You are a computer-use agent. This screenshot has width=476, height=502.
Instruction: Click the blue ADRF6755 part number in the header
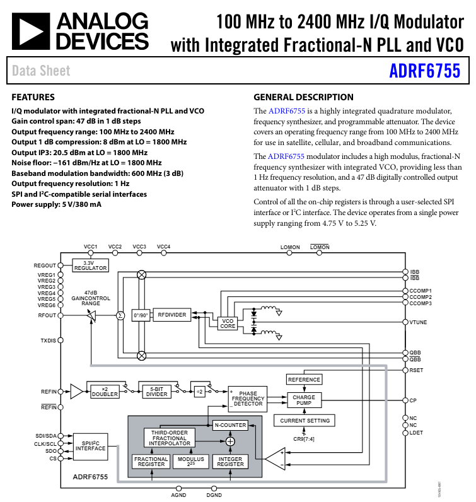click(x=424, y=71)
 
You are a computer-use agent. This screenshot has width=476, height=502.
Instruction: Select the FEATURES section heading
click(x=33, y=98)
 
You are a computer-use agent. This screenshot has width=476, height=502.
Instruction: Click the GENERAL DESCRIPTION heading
click(x=303, y=98)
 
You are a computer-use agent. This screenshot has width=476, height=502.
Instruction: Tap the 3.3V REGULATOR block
click(x=91, y=265)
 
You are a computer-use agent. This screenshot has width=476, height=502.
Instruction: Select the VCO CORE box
click(x=228, y=324)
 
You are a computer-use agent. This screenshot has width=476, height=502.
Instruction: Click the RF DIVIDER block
click(x=171, y=315)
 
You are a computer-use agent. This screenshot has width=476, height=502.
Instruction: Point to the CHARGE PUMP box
click(x=305, y=400)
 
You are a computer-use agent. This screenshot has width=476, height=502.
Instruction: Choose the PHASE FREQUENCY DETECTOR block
click(x=248, y=399)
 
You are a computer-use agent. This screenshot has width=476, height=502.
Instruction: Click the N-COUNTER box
click(x=229, y=425)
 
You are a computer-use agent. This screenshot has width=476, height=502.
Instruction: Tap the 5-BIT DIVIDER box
click(x=156, y=392)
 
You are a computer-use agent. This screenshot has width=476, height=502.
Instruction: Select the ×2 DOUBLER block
click(x=105, y=392)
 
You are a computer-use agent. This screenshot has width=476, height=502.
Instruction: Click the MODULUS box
click(x=191, y=462)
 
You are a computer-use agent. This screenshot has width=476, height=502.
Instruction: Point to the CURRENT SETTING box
click(x=305, y=420)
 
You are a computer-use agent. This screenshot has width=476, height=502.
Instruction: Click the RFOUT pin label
click(x=47, y=315)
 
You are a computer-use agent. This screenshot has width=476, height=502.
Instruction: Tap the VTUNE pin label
click(x=418, y=322)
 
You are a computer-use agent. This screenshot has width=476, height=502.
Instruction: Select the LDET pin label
click(x=416, y=433)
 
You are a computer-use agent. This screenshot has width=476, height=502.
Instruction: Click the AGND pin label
click(x=178, y=496)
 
